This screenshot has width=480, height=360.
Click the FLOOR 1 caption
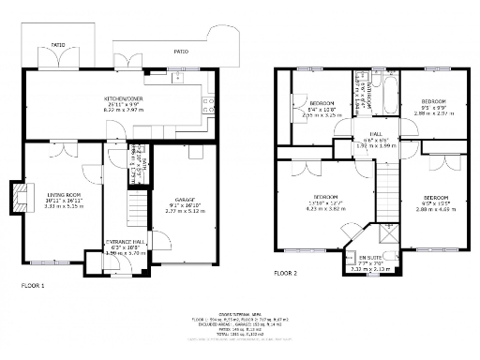click(32, 284)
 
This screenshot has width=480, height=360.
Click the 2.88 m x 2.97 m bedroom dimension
click(435, 112)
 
